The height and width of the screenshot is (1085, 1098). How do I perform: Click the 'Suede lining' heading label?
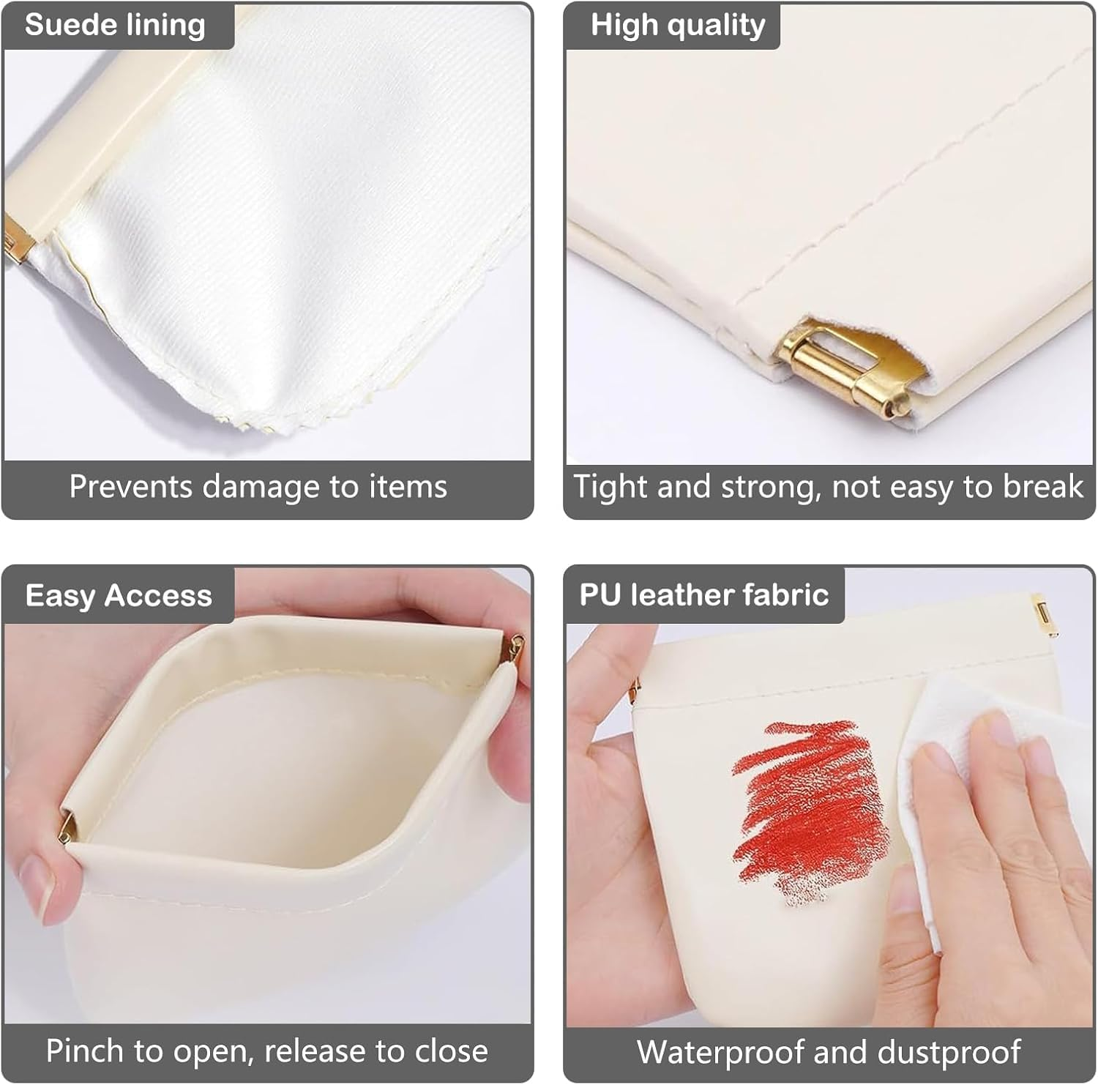click(115, 25)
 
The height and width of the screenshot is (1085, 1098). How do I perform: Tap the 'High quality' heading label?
click(677, 25)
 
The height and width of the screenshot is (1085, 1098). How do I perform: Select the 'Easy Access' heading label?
click(118, 595)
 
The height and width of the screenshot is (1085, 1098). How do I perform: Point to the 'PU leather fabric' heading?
click(703, 594)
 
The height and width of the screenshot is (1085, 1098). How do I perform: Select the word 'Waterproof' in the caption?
click(720, 1053)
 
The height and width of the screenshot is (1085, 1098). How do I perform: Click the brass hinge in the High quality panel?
click(842, 366)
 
